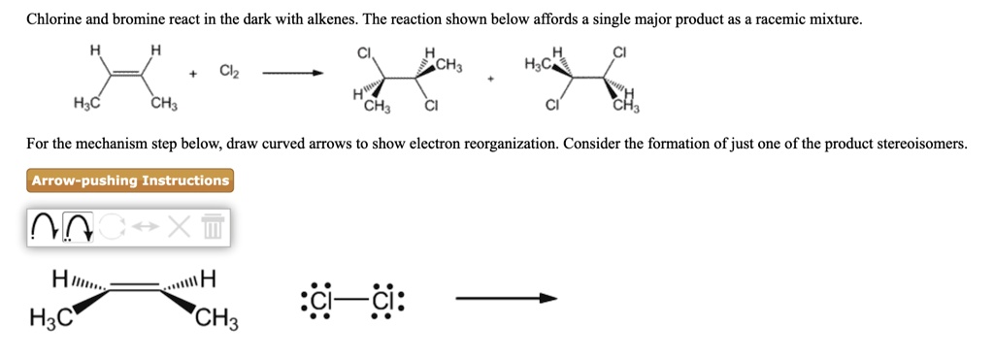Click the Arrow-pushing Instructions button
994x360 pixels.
click(130, 180)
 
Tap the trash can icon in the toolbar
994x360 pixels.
click(213, 228)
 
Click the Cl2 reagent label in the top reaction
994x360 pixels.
click(229, 72)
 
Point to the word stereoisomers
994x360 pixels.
click(921, 144)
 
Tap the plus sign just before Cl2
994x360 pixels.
click(194, 73)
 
